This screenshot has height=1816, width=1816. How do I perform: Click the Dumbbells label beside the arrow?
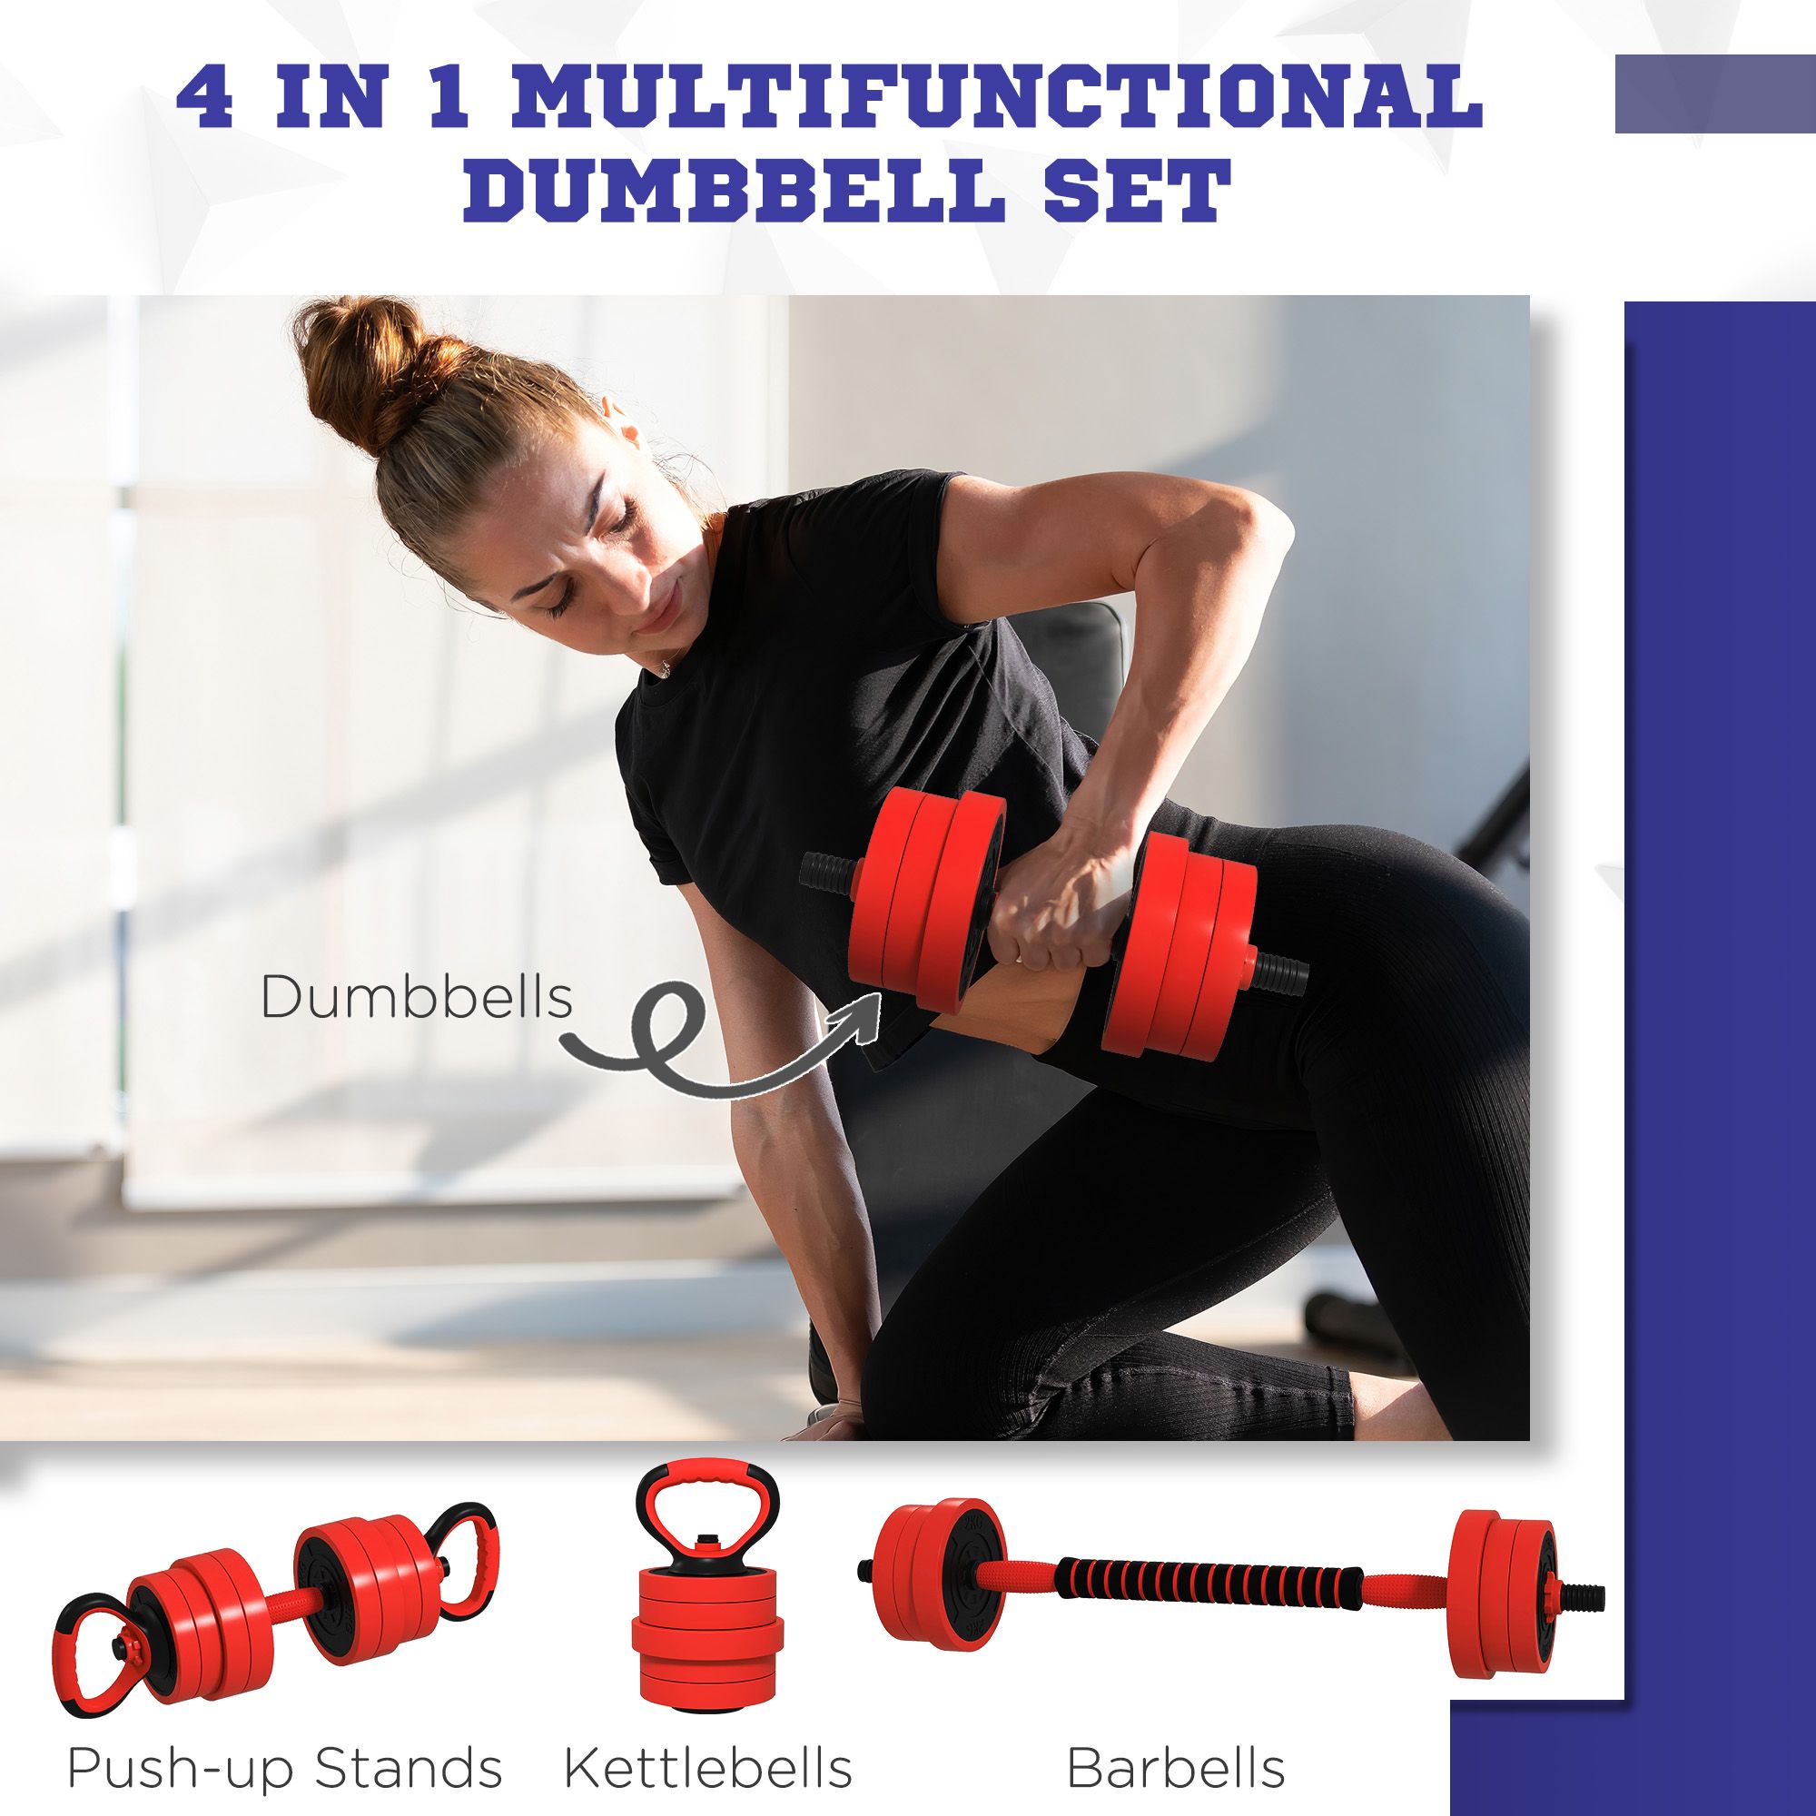pos(416,998)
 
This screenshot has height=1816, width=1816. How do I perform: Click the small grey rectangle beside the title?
pos(1714,94)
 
